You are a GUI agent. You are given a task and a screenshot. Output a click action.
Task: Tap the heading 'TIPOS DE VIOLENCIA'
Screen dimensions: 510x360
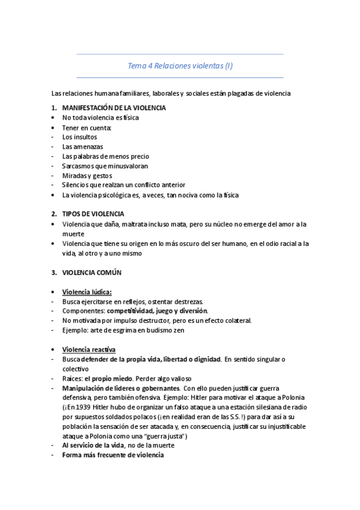point(93,214)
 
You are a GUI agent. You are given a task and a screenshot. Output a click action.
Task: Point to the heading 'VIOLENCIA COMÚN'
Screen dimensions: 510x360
point(91,272)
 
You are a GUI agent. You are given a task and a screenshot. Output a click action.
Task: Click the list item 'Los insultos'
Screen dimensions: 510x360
point(79,137)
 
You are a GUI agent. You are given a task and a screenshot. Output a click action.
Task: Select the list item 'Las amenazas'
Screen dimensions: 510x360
point(82,146)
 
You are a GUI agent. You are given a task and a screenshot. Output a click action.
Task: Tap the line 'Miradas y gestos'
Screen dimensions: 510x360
point(87,175)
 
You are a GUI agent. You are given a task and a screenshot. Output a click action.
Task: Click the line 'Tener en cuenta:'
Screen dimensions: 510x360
point(87,127)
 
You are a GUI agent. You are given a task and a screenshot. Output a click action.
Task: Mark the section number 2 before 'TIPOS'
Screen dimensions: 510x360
point(54,214)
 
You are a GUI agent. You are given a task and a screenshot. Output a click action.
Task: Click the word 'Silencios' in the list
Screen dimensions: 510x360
point(76,185)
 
